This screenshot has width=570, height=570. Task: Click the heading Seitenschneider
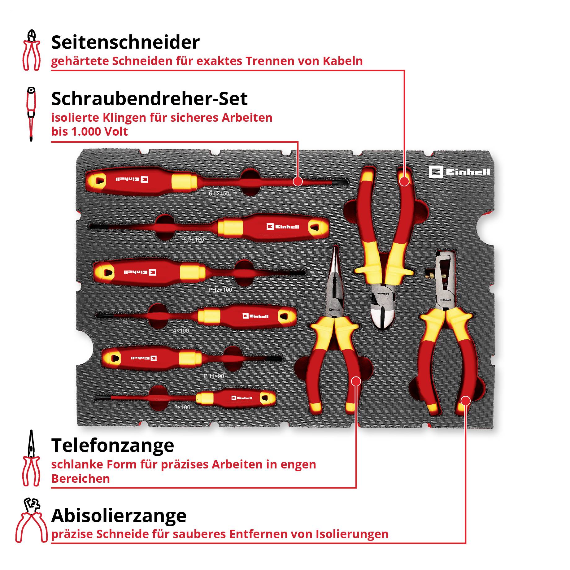pos(125,42)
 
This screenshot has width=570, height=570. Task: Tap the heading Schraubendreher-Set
pos(149,99)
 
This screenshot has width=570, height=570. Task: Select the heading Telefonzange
pos(113,446)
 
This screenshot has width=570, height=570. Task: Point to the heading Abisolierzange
pos(119,516)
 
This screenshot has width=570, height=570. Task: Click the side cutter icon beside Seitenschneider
pos(31,50)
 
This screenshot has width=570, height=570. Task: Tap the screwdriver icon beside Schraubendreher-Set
pos(31,114)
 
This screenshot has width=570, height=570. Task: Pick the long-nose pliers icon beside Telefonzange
pos(31,459)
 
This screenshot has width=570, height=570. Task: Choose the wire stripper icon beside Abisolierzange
pos(31,520)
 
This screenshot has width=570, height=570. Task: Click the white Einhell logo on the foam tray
pos(459,172)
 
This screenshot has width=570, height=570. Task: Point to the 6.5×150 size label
pos(219,194)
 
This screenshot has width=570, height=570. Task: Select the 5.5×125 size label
pos(194,239)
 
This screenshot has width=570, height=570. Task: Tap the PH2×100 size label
pos(220,290)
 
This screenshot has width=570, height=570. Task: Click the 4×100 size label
pos(181,331)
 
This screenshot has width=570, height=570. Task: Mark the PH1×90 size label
pos(214,376)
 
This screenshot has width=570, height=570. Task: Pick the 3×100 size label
pos(182,407)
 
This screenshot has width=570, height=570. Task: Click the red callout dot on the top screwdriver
pos(298,181)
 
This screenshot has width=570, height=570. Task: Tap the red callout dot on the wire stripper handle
pos(465,401)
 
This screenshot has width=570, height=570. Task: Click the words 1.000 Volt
pos(99,132)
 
